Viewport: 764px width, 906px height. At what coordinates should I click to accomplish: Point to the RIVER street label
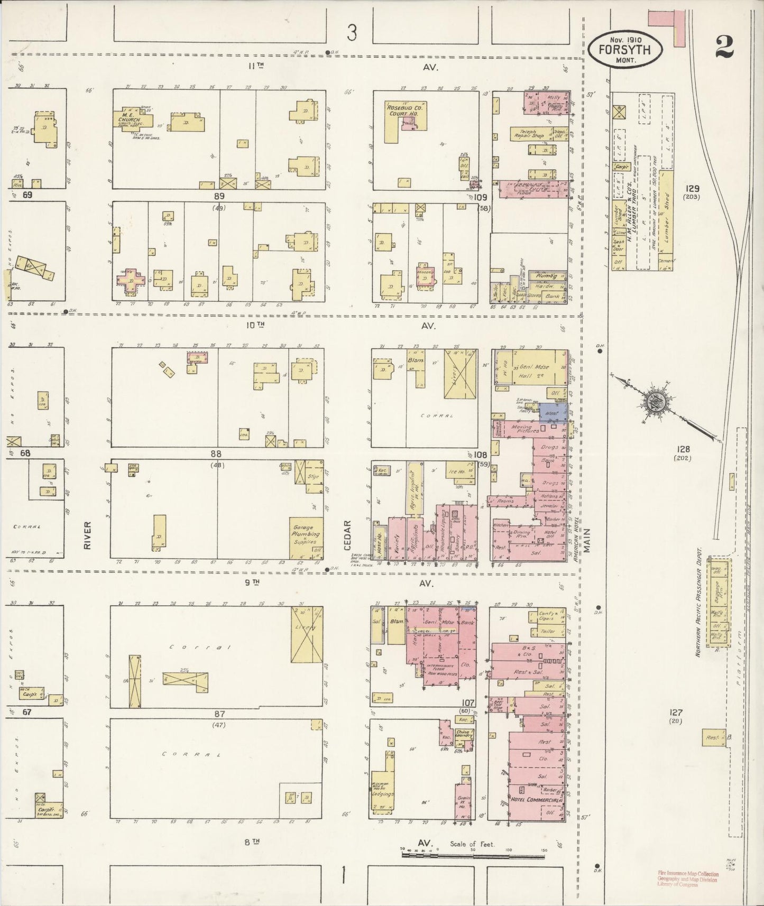(x=87, y=535)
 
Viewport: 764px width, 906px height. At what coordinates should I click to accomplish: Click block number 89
(x=219, y=195)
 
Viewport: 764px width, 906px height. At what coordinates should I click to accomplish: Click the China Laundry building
(x=465, y=734)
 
